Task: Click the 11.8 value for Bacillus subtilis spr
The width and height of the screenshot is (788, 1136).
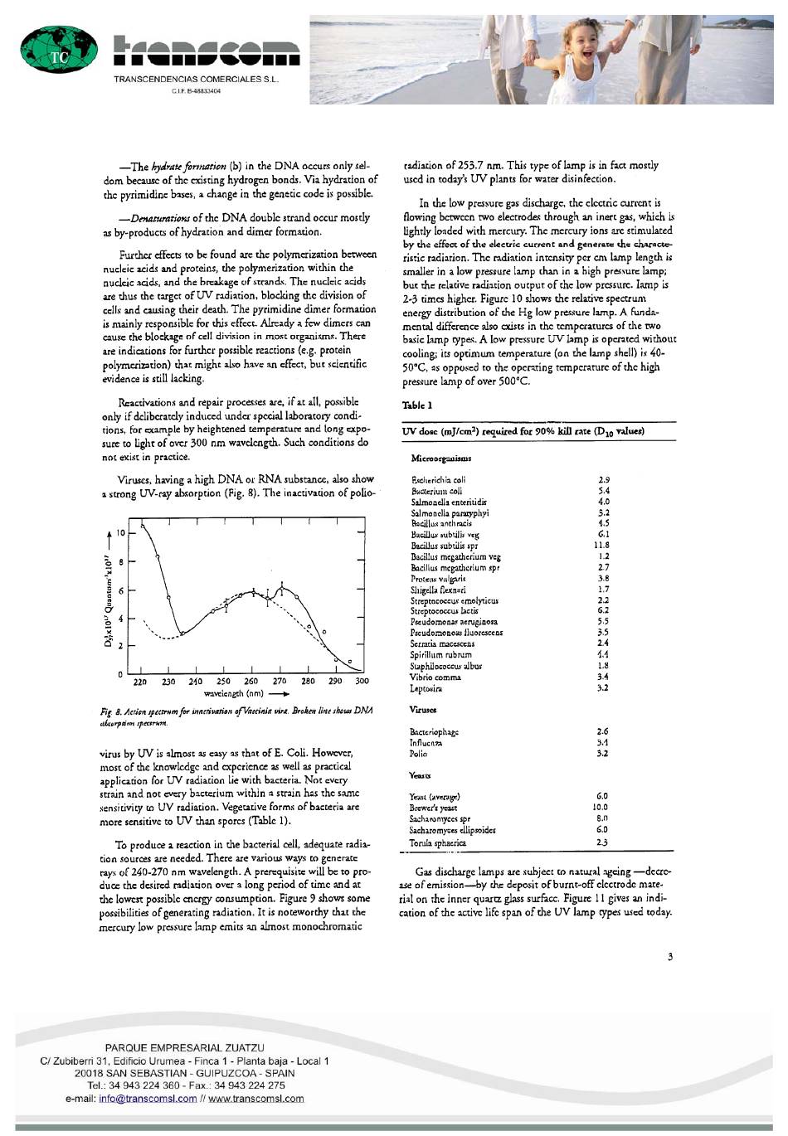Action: click(x=602, y=546)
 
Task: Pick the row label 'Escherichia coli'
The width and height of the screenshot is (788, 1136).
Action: click(x=439, y=480)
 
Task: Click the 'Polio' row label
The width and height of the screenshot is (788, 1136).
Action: click(x=419, y=754)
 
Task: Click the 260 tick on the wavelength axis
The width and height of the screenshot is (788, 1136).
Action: click(x=251, y=682)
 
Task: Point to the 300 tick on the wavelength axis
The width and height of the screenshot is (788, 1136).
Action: click(x=362, y=682)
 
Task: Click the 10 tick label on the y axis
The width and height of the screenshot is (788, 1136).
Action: click(x=120, y=533)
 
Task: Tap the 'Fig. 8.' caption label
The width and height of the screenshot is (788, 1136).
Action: click(x=111, y=712)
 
